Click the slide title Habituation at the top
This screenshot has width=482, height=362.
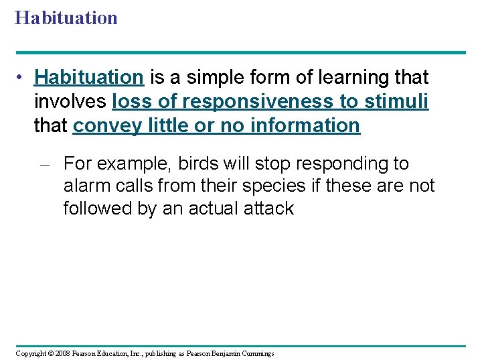tap(66, 17)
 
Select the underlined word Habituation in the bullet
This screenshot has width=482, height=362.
tap(89, 78)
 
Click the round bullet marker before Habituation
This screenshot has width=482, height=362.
tap(21, 78)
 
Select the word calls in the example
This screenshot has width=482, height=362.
tap(139, 186)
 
